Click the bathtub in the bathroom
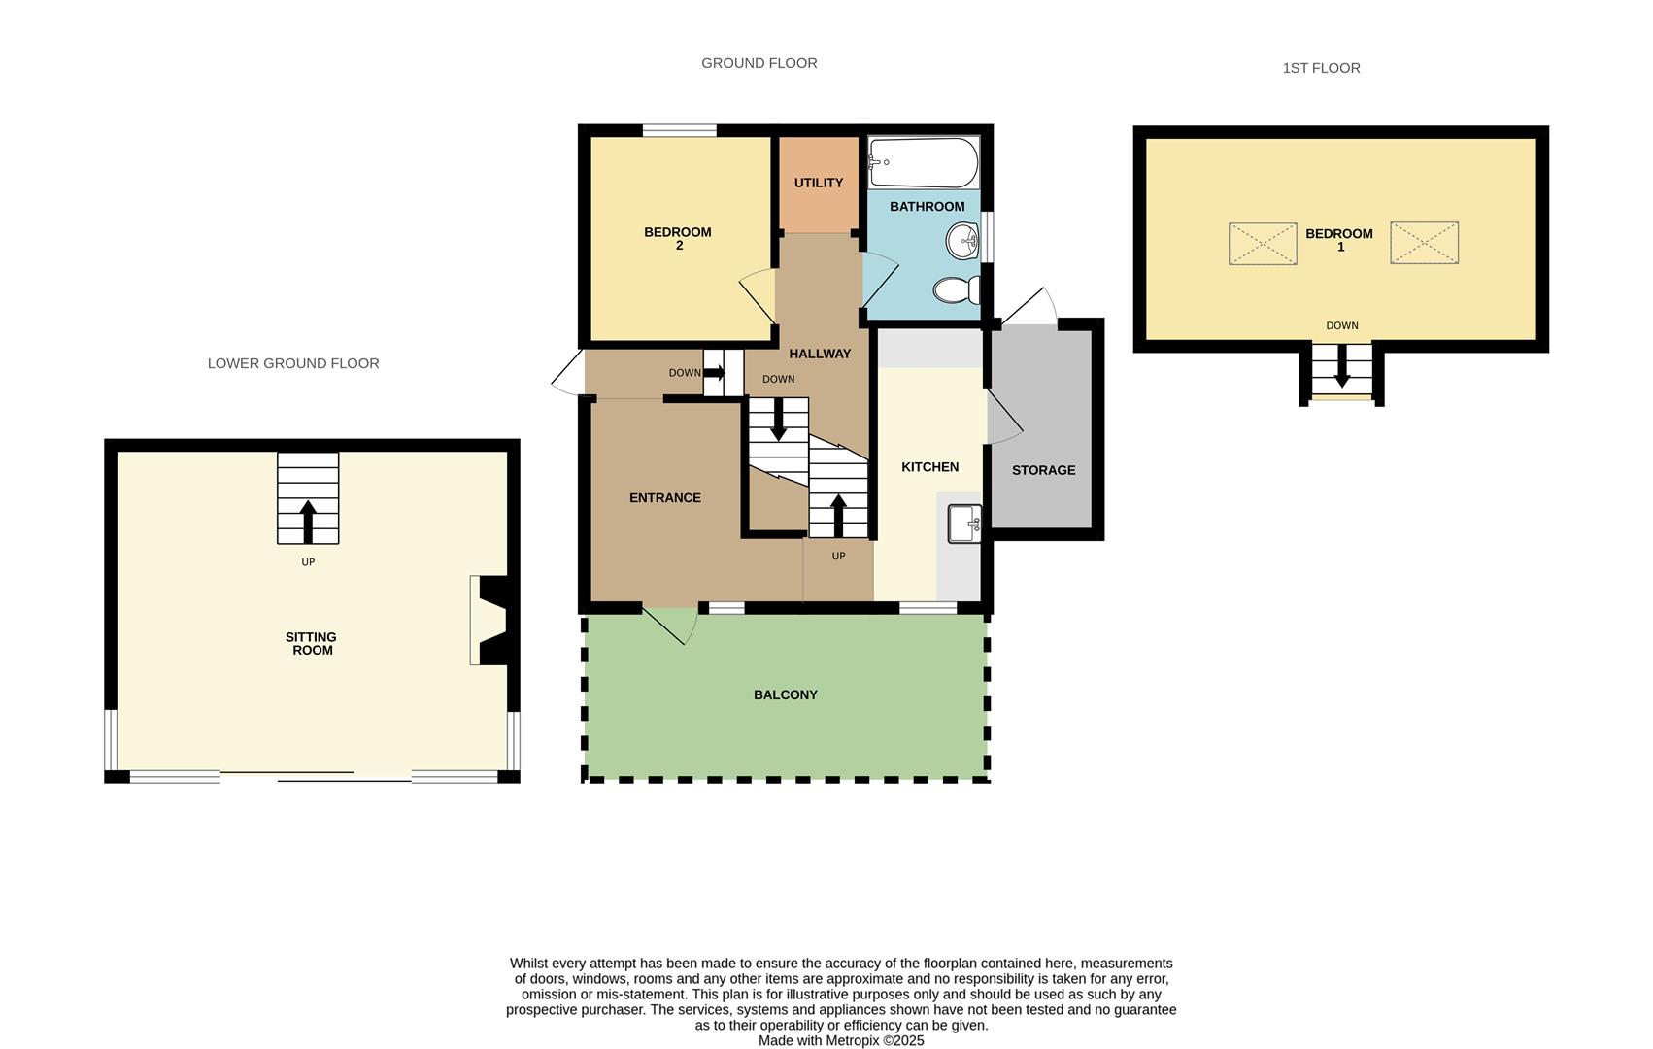(923, 162)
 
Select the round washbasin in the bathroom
(963, 240)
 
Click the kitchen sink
(964, 524)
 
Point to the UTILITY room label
(819, 183)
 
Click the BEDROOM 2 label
(678, 238)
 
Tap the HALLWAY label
(820, 354)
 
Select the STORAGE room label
(1043, 470)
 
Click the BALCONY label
(786, 694)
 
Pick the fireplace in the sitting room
(492, 621)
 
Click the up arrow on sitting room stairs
(308, 521)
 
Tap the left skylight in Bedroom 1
(1262, 243)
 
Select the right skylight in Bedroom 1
(1424, 243)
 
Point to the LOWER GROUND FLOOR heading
(293, 363)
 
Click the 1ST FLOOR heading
(1321, 68)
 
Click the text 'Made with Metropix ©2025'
(841, 1040)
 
